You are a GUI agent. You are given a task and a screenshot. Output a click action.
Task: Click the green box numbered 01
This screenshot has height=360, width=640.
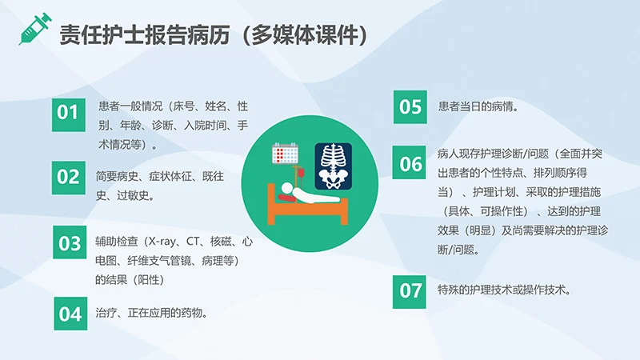click(70, 113)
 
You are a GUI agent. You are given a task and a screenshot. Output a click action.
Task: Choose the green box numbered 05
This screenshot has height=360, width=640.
click(410, 106)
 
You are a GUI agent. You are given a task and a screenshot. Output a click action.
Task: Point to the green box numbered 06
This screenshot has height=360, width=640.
click(410, 164)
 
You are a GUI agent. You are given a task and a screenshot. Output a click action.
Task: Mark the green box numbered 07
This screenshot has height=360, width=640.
click(410, 290)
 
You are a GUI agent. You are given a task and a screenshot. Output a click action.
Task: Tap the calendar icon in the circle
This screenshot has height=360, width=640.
click(286, 154)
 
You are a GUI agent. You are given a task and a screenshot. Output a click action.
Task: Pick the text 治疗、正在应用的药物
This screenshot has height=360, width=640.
click(151, 313)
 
